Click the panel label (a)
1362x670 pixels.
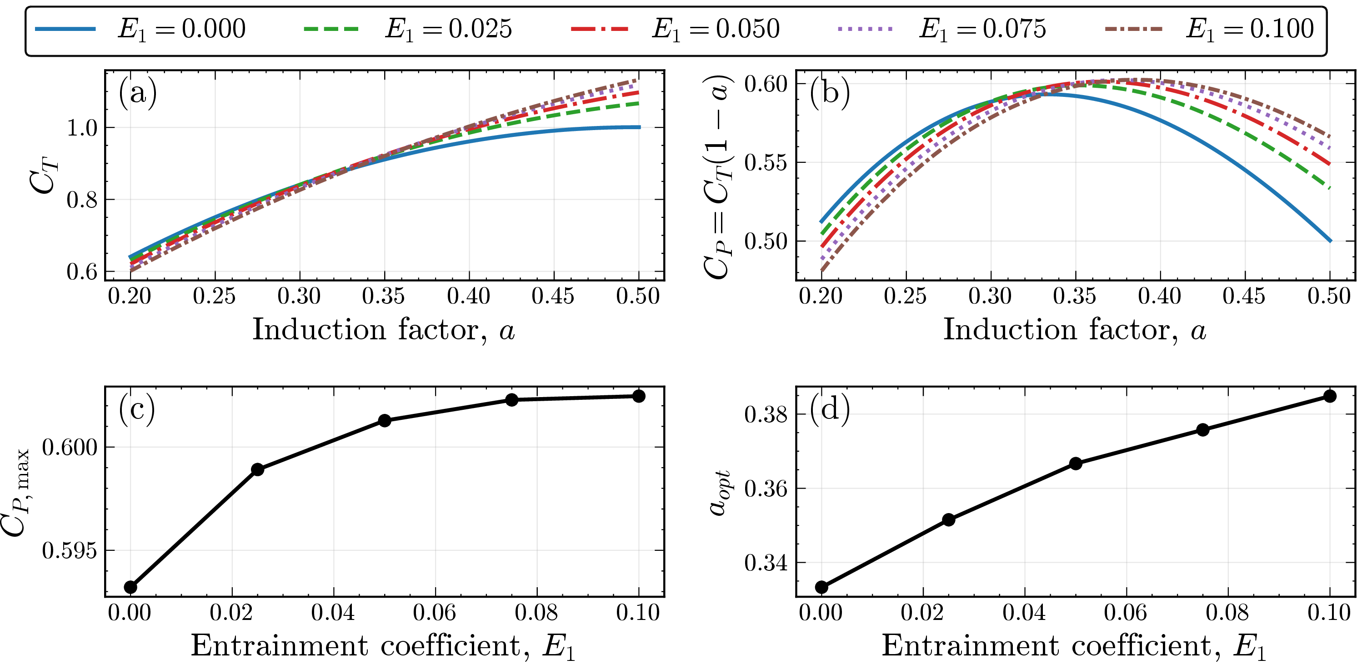point(137,93)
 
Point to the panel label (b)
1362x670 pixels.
point(830,93)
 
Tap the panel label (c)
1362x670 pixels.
point(137,409)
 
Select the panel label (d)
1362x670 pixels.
point(830,409)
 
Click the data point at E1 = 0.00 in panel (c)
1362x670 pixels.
point(130,587)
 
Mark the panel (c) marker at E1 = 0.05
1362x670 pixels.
point(385,420)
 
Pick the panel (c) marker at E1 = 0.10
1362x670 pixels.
point(639,396)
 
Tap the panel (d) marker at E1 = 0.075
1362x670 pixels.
point(1203,429)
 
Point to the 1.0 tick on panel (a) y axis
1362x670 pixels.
point(82,128)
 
